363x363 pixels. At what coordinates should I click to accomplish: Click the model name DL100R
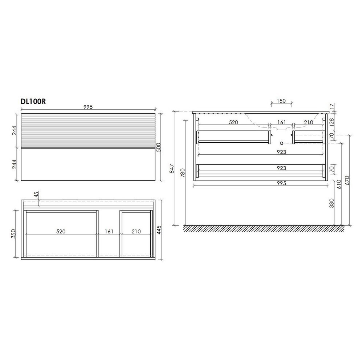click(33, 101)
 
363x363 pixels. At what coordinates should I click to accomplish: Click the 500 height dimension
click(159, 147)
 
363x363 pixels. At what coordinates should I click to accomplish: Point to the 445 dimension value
click(159, 230)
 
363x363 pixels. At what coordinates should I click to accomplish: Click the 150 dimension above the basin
click(281, 101)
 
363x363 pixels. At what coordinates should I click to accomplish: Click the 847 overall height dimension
click(172, 168)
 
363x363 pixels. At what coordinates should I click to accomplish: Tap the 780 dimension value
click(183, 173)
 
